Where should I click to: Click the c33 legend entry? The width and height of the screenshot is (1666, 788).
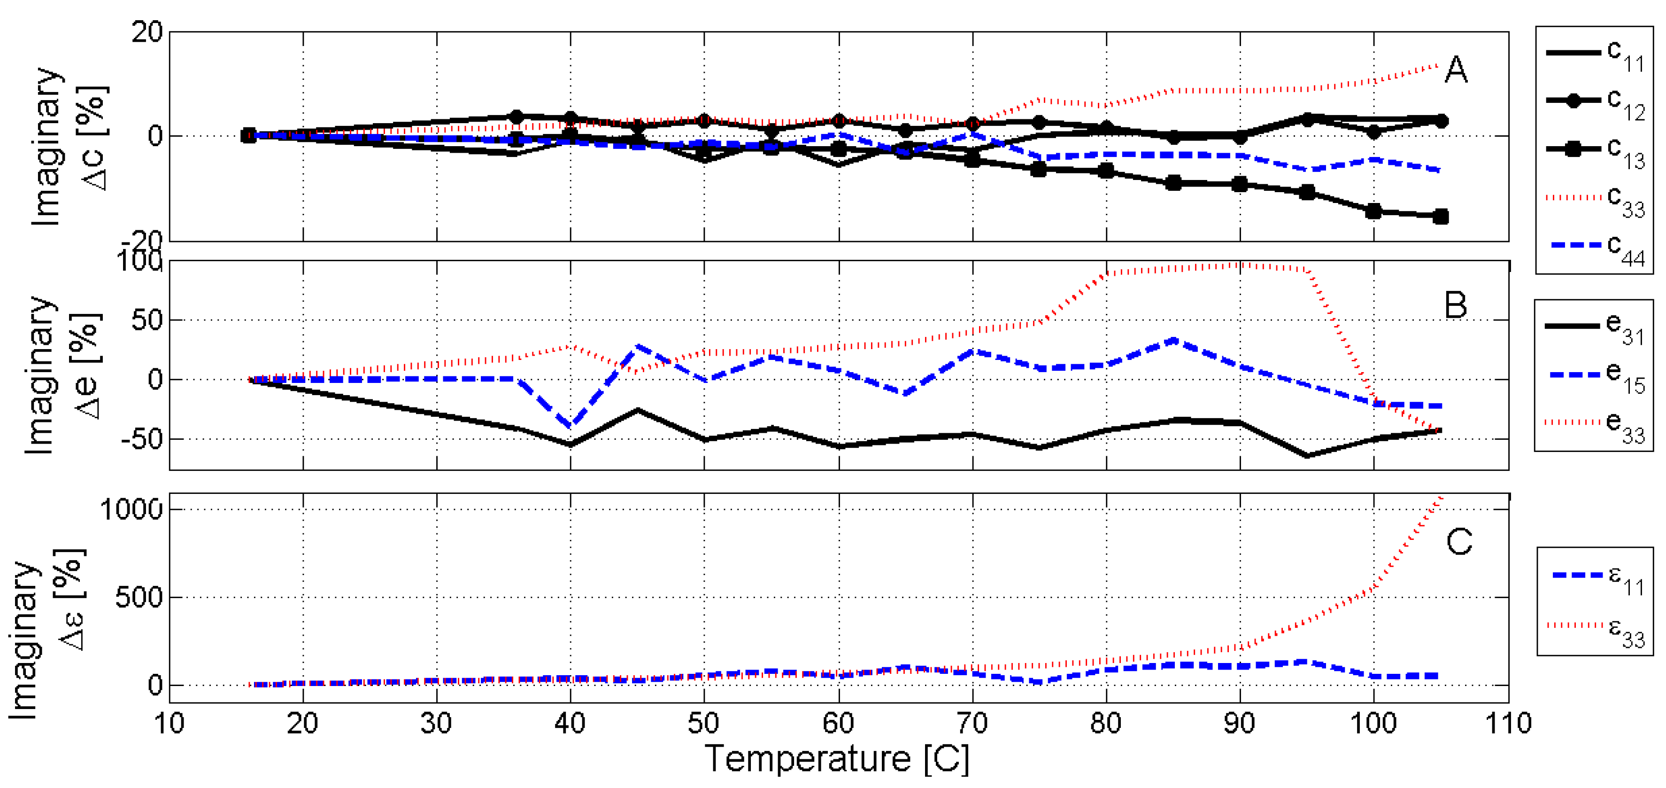[1595, 199]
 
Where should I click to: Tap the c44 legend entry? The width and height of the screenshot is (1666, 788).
[1595, 248]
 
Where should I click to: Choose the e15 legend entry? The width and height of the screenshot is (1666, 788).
[1595, 375]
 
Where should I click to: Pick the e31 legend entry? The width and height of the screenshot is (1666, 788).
[1595, 326]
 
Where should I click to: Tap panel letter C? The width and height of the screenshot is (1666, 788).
[1459, 542]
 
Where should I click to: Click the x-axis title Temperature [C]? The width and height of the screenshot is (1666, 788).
[838, 758]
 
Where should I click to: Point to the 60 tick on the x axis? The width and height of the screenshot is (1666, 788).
[838, 723]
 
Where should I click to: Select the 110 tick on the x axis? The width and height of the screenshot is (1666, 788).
[1508, 723]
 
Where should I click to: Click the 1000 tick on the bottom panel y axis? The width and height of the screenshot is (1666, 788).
[131, 510]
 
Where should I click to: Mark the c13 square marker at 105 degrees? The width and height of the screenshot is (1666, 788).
[1440, 217]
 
